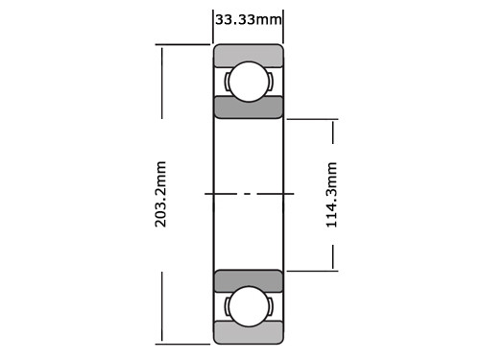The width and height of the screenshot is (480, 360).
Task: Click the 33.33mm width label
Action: click(248, 18)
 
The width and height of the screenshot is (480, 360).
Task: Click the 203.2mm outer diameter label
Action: click(161, 193)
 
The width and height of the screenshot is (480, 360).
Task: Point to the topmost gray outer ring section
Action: click(248, 54)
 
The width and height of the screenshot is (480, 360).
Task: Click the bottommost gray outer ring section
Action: click(248, 333)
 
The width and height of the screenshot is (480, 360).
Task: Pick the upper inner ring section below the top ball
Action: click(248, 107)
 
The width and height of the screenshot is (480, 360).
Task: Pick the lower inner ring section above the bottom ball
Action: click(248, 280)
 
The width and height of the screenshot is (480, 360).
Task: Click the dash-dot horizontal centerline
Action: click(248, 194)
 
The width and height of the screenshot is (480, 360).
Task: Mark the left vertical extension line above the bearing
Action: click(212, 24)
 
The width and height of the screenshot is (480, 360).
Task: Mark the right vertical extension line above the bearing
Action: click(283, 24)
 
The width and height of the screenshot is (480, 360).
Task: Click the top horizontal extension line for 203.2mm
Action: click(182, 44)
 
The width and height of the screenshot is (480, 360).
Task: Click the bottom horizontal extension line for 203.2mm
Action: click(182, 343)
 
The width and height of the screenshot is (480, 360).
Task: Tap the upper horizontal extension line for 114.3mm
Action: click(312, 119)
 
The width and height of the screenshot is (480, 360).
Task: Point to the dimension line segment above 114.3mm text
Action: click(333, 134)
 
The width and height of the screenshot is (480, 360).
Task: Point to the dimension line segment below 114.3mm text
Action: click(333, 255)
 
